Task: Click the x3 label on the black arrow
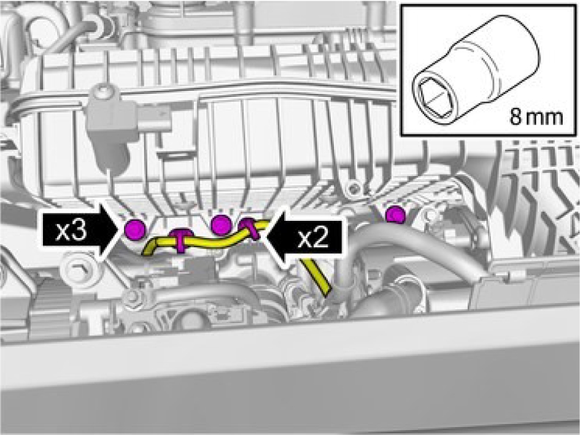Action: point(71,231)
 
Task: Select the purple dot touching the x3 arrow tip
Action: point(134,229)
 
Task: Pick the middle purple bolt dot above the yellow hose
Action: point(220,225)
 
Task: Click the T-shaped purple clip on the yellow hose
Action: point(180,240)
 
